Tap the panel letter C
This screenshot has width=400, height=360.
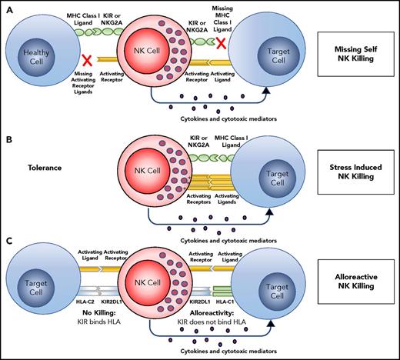(x=8, y=240)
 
